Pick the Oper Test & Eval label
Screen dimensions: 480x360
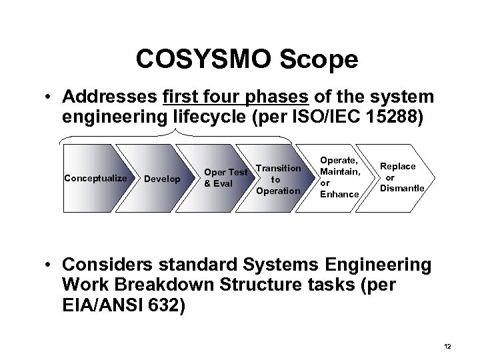tap(225, 178)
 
